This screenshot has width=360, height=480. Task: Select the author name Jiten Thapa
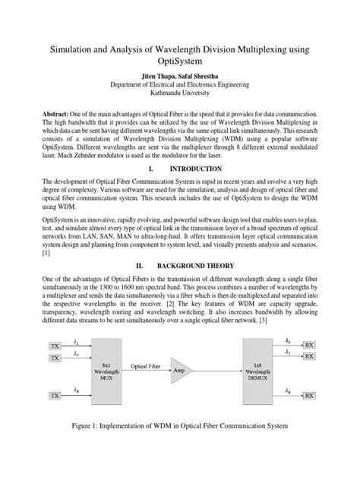click(x=159, y=77)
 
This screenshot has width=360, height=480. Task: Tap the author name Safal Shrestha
click(x=204, y=77)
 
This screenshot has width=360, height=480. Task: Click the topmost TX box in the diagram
click(x=55, y=346)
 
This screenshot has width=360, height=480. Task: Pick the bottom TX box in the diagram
click(x=55, y=396)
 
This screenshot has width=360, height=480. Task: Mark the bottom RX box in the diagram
click(x=310, y=396)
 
